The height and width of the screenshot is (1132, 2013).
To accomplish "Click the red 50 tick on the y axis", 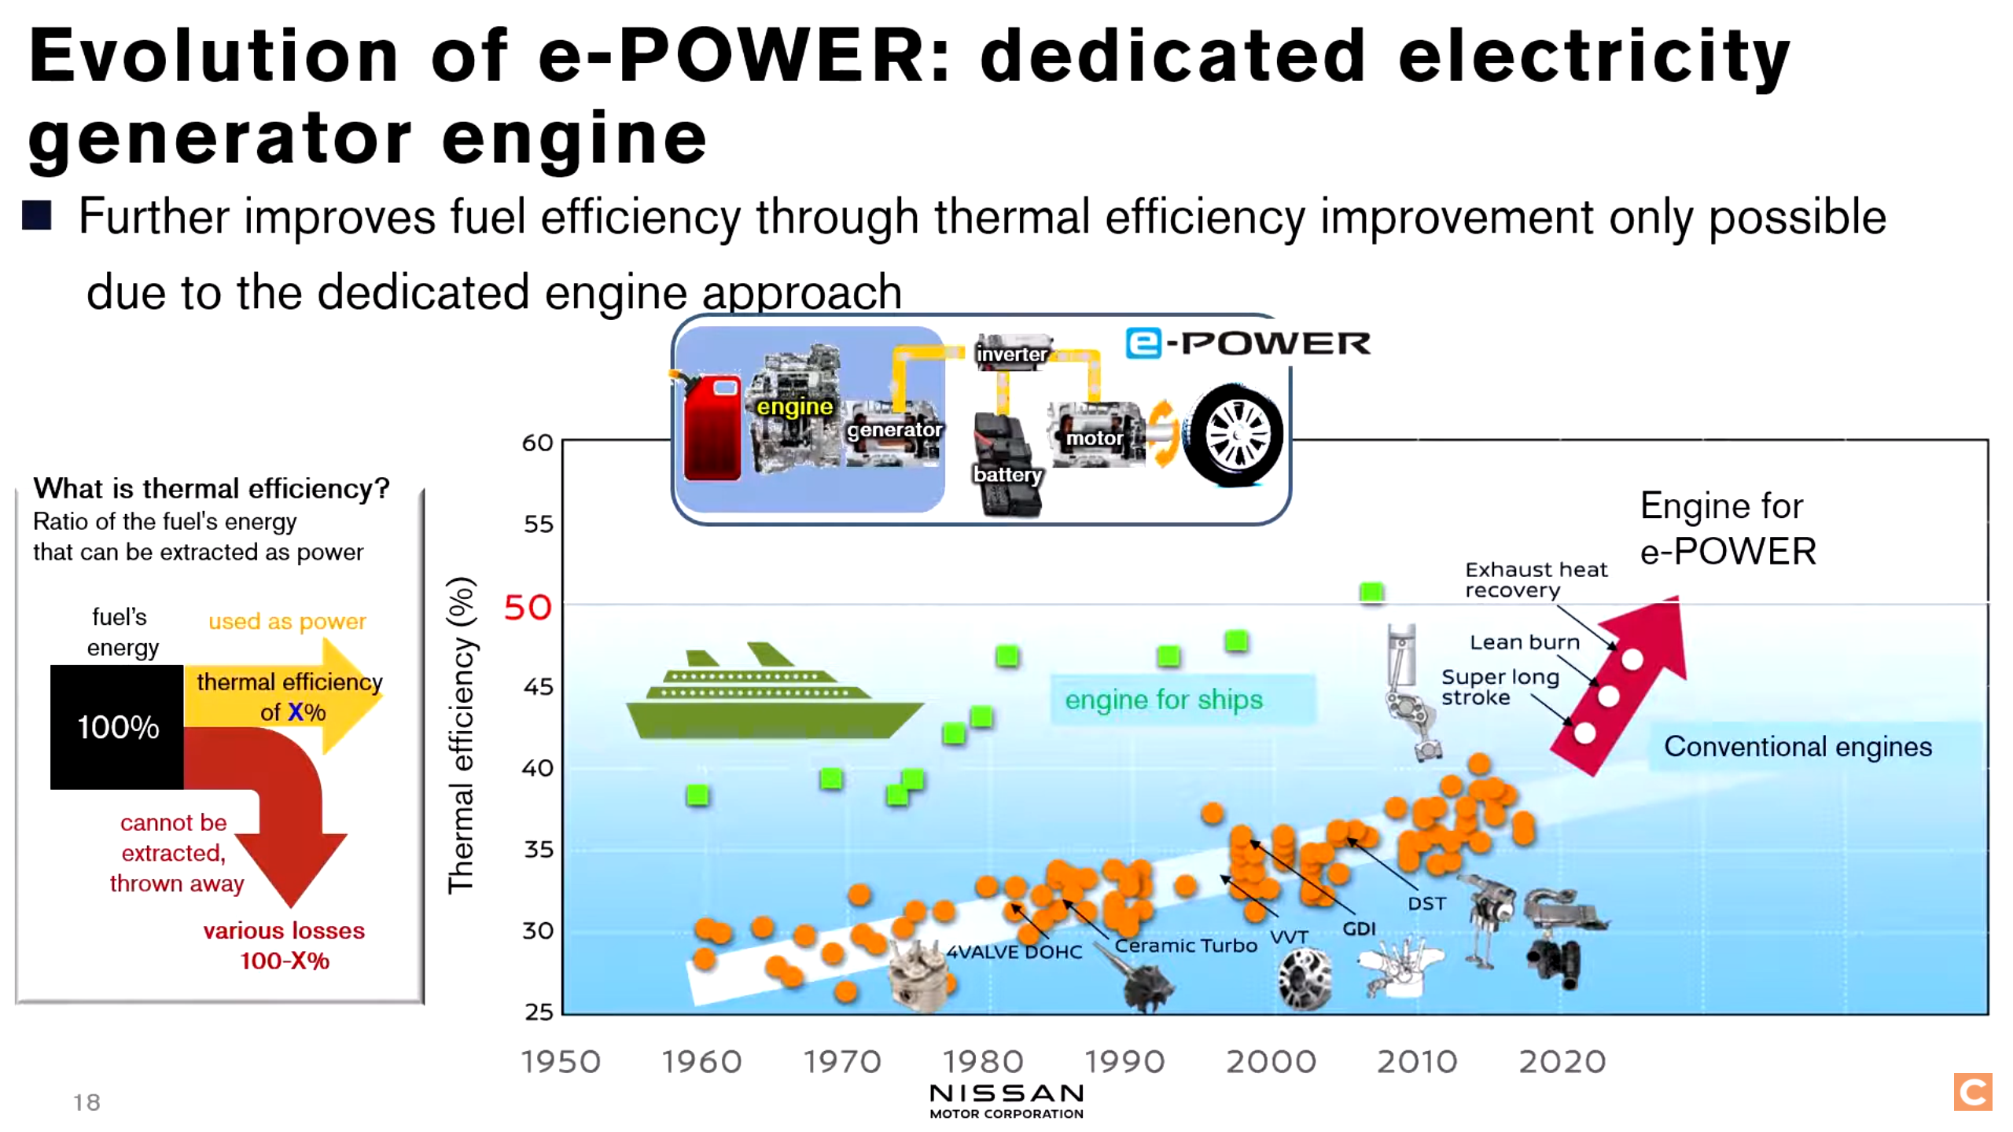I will [528, 608].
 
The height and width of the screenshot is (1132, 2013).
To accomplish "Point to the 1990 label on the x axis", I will [1124, 1061].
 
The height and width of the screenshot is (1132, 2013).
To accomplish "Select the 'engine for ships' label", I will [1164, 699].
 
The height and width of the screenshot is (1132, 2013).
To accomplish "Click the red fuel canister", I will [712, 428].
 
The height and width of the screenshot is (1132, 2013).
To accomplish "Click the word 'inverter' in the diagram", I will [1012, 354].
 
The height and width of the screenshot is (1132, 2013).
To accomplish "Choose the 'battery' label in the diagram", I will [1007, 474].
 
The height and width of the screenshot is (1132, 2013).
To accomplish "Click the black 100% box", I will [117, 726].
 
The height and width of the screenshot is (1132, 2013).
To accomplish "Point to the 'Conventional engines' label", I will [1798, 746].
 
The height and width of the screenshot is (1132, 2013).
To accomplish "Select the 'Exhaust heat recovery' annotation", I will [1536, 579].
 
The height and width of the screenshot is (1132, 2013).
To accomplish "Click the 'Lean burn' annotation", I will [1525, 642].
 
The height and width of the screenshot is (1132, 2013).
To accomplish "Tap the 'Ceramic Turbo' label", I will [1186, 946].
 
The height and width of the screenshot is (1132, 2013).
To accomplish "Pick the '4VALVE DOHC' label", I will [1014, 952].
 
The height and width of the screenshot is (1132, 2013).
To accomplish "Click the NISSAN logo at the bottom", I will [1006, 1100].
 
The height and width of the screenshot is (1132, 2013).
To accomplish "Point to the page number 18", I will [86, 1102].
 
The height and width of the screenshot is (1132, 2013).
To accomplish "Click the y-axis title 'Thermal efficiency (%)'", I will [461, 735].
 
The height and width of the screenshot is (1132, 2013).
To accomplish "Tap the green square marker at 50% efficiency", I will [1371, 592].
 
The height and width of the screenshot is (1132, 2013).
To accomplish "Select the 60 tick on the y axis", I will [538, 443].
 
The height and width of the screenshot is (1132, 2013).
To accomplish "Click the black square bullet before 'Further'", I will [37, 215].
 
